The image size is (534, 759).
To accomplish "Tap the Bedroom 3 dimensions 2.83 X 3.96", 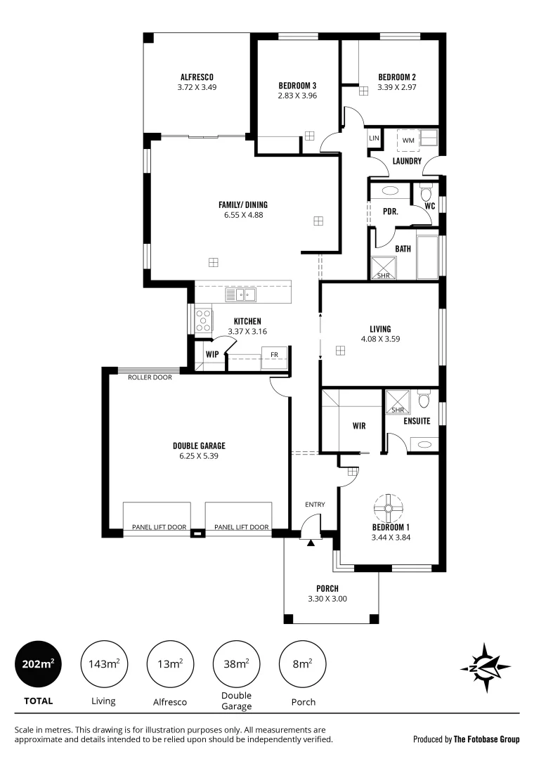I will click(x=297, y=95).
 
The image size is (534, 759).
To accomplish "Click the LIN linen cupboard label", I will click(x=374, y=138).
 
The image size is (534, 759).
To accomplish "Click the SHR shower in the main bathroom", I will click(x=384, y=268).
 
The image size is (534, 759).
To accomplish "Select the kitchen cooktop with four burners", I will click(x=203, y=320).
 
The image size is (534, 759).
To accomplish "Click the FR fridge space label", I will click(x=274, y=355).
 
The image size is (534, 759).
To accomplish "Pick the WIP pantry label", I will click(x=212, y=354).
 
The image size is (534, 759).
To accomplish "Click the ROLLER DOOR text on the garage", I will click(x=150, y=377).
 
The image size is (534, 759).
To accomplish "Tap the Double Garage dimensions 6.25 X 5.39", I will click(x=199, y=455).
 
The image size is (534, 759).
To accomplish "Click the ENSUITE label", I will click(x=417, y=422).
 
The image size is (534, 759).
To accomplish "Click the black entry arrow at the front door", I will click(x=310, y=542).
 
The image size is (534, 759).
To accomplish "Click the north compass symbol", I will click(x=485, y=665).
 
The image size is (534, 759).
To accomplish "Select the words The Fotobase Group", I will click(x=486, y=739).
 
